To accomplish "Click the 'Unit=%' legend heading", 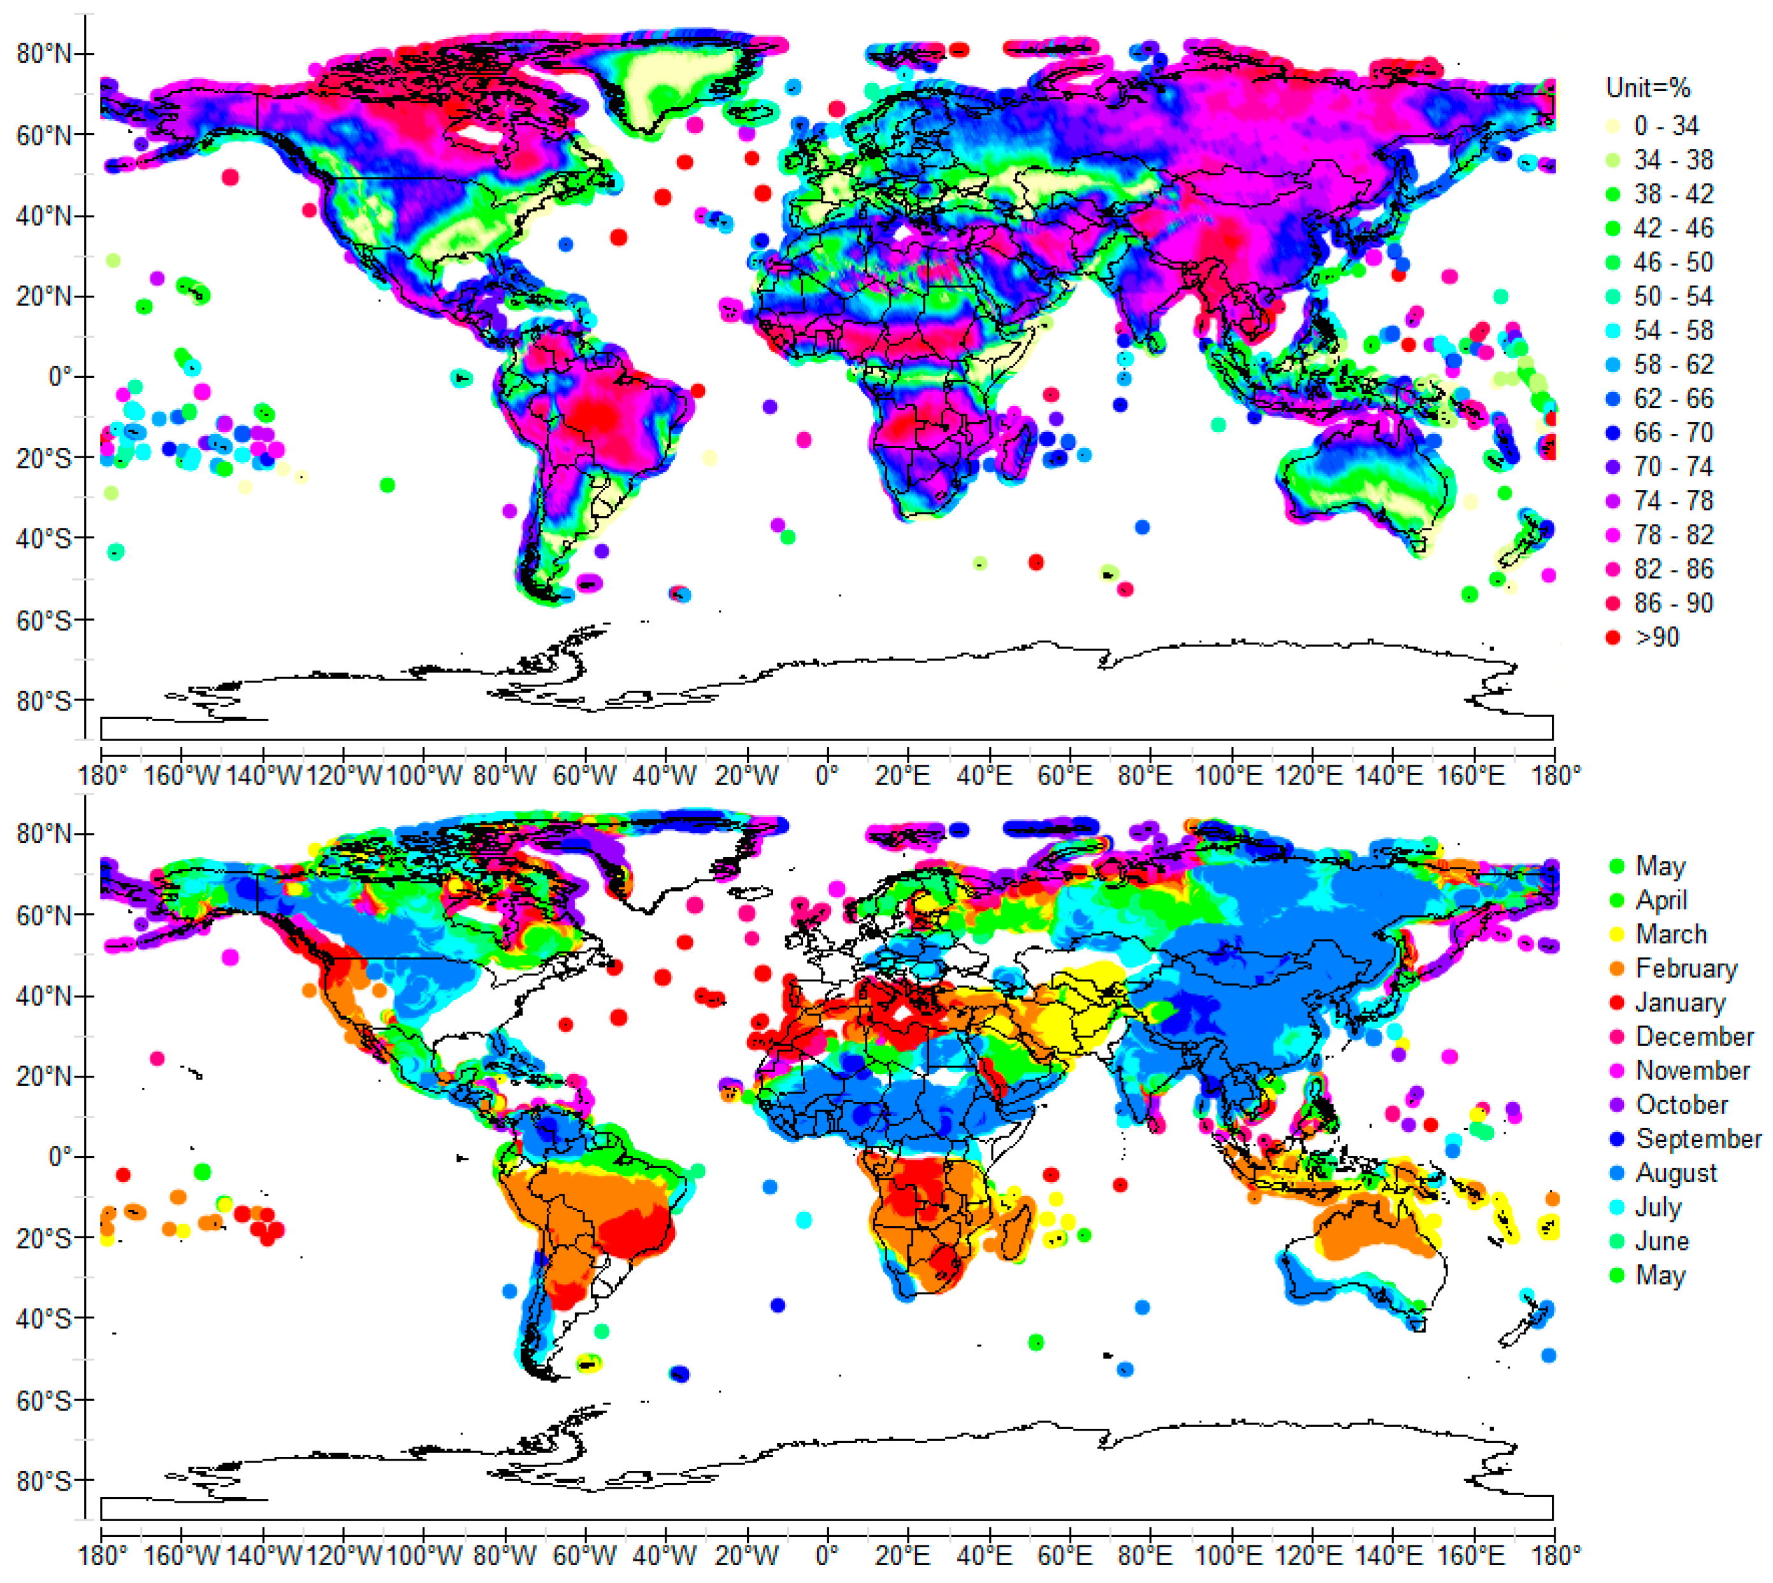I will click(1647, 88).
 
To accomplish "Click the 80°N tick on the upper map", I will click(43, 54).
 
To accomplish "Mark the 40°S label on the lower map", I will click(43, 1319).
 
